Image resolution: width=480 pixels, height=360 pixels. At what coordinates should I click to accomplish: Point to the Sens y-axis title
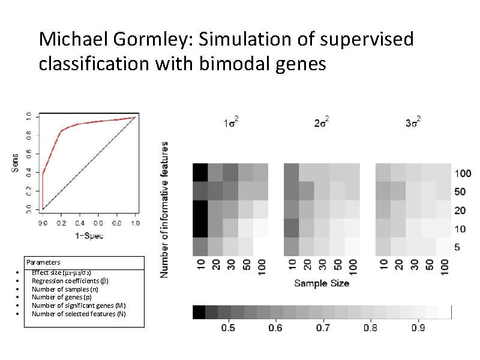(16, 163)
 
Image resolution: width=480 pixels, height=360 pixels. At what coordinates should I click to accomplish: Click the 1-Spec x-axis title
(89, 235)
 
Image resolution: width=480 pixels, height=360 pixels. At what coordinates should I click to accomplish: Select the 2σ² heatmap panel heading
(321, 124)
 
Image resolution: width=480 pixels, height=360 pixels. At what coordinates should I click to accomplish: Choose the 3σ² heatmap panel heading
(413, 124)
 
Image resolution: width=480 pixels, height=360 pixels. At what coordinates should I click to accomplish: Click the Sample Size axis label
(322, 283)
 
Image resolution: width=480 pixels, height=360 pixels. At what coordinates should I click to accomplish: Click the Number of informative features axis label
(165, 209)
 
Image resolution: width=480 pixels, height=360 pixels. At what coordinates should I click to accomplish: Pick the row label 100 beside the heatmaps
(463, 173)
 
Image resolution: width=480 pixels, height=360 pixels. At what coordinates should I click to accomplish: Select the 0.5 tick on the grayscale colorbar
(229, 328)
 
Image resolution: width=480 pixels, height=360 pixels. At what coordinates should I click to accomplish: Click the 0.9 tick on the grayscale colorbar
(418, 328)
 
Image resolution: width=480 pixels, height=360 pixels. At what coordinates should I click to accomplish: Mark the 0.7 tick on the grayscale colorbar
(323, 328)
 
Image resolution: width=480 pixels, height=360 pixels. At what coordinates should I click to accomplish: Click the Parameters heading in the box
(43, 262)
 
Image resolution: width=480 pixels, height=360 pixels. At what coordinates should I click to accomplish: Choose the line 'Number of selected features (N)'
(79, 314)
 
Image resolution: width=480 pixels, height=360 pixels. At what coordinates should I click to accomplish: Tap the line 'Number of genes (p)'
(62, 297)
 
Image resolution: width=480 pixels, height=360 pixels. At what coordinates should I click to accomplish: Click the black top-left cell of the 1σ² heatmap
(200, 172)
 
